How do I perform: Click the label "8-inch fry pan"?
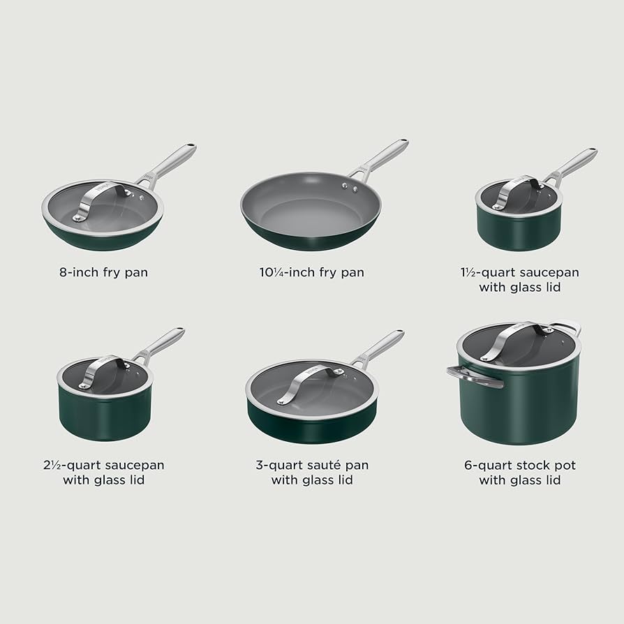click(103, 272)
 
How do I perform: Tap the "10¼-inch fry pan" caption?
click(311, 272)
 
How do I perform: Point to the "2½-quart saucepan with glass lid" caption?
click(103, 472)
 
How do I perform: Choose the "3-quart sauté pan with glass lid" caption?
click(311, 472)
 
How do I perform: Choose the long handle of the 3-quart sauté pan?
click(380, 347)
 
